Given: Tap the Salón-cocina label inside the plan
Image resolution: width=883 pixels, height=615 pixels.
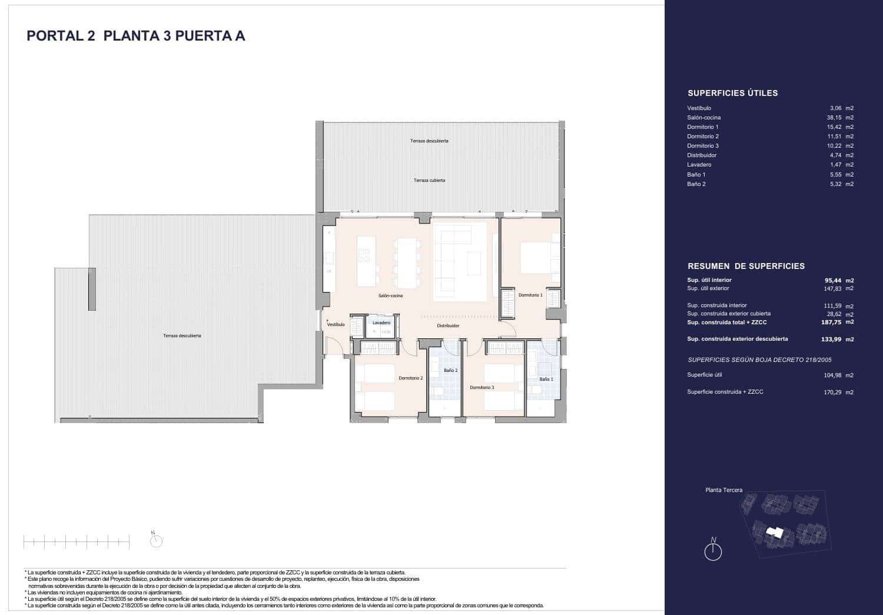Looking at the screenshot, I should (x=390, y=295).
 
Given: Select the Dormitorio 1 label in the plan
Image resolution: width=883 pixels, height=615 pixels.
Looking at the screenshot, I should (x=530, y=295).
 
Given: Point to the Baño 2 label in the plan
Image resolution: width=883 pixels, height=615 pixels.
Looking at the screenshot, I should (x=450, y=370).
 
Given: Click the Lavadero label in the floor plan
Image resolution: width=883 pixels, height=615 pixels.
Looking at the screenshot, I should (x=381, y=323).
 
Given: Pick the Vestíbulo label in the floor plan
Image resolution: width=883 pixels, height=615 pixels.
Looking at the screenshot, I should (x=336, y=324).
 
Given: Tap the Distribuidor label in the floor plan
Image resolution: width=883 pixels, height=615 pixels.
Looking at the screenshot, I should (x=448, y=325).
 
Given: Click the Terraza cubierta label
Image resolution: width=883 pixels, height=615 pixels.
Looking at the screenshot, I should (x=429, y=180).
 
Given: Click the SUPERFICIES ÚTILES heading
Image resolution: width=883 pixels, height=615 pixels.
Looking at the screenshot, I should (x=732, y=93).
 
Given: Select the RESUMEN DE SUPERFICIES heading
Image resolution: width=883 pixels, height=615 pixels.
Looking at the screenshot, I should (x=746, y=266).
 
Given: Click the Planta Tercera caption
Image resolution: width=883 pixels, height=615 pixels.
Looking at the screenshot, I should (x=723, y=490).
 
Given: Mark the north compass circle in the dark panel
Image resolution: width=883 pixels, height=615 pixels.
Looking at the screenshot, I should (x=713, y=551).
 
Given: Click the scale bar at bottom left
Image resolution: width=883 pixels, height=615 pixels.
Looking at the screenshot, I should (x=76, y=542).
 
